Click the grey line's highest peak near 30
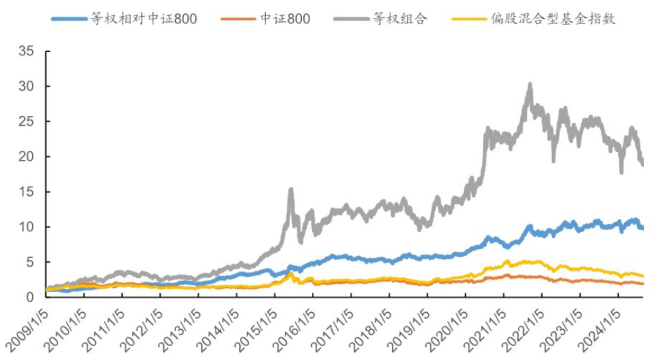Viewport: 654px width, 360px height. tap(530, 85)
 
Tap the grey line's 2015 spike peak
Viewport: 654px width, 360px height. tap(291, 190)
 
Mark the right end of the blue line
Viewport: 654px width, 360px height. tap(642, 228)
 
